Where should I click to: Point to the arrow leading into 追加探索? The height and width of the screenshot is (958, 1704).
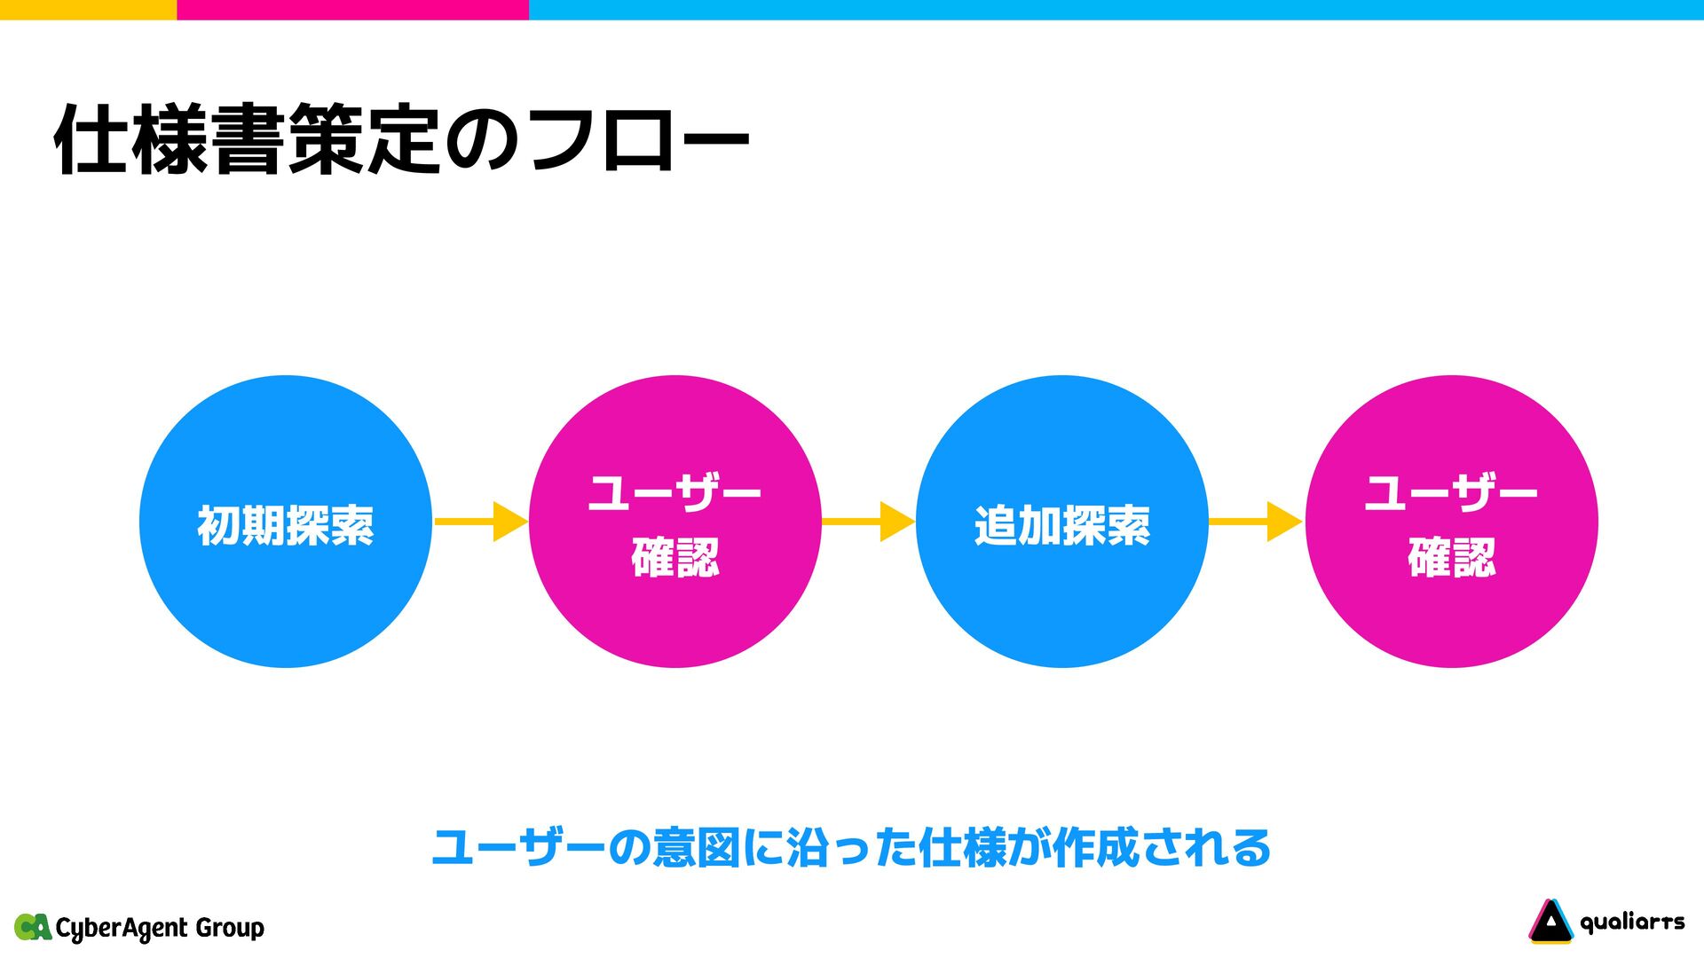click(x=868, y=522)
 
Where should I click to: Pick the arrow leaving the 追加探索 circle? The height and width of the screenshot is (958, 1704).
click(x=1255, y=522)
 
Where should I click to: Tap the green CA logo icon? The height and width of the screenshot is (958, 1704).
click(x=33, y=927)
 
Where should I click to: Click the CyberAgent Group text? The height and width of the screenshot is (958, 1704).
click(x=160, y=928)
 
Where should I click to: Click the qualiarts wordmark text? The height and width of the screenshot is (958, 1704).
click(x=1632, y=923)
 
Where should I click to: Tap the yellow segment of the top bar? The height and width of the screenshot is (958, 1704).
click(x=88, y=9)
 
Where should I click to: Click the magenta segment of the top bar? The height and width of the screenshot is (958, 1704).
click(x=352, y=9)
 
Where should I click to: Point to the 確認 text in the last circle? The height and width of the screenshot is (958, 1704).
click(x=1451, y=558)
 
